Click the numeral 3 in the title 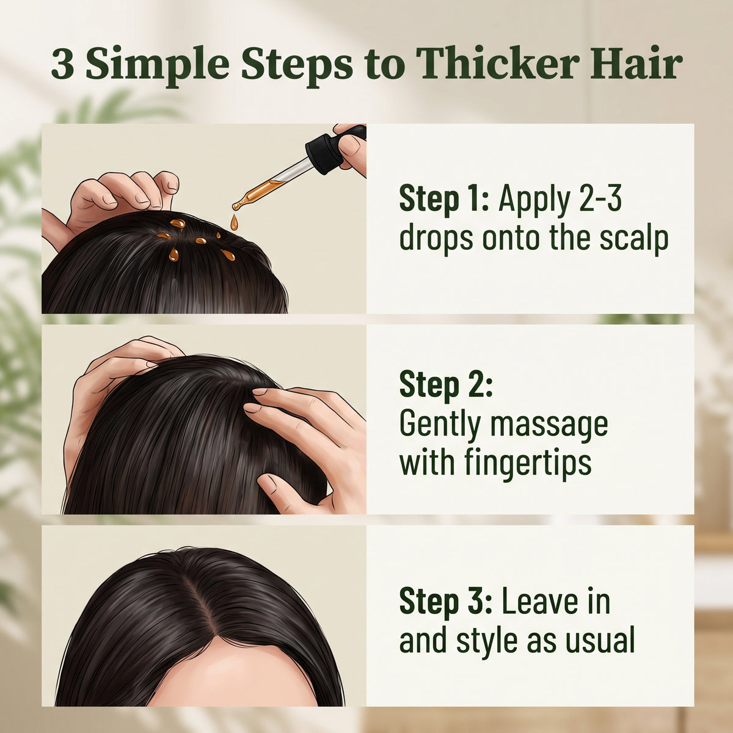[x=63, y=64]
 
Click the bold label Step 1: [x=444, y=199]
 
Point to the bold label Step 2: [x=446, y=385]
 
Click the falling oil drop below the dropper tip [x=235, y=222]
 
